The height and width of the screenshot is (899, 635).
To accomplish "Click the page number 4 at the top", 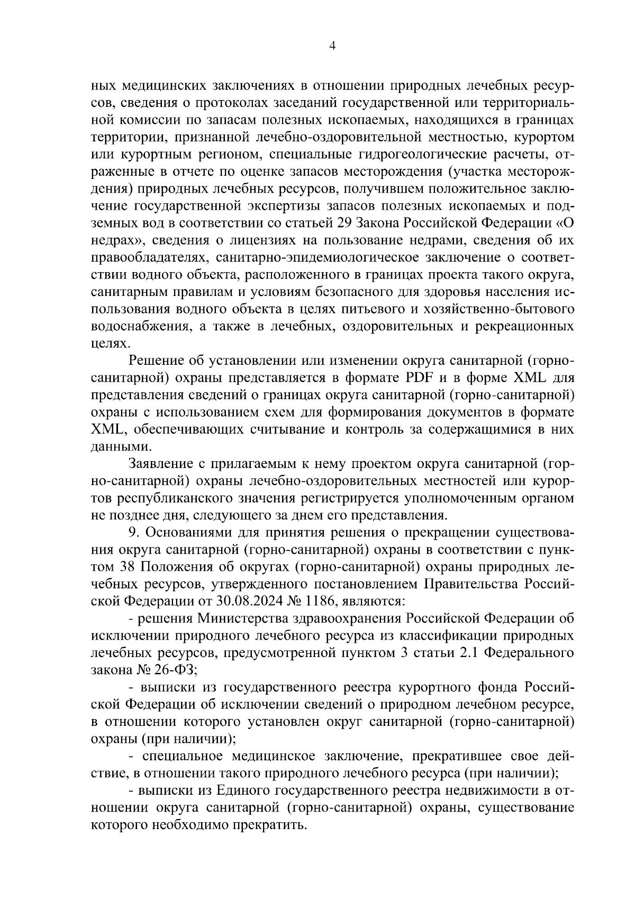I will (332, 46).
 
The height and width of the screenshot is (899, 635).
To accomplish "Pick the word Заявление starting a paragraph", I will (160, 464).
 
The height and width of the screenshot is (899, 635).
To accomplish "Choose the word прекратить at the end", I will (273, 825).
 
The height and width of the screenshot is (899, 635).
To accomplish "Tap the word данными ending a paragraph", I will (115, 447).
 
